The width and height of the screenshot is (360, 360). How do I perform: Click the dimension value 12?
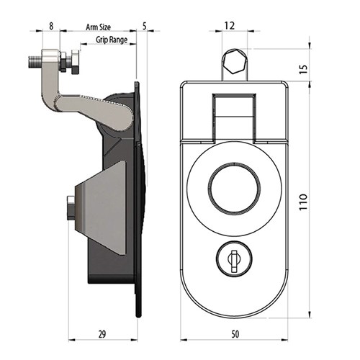230,25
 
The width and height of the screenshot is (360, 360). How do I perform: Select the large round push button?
233,192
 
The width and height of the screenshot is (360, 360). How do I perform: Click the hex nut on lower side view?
70,208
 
